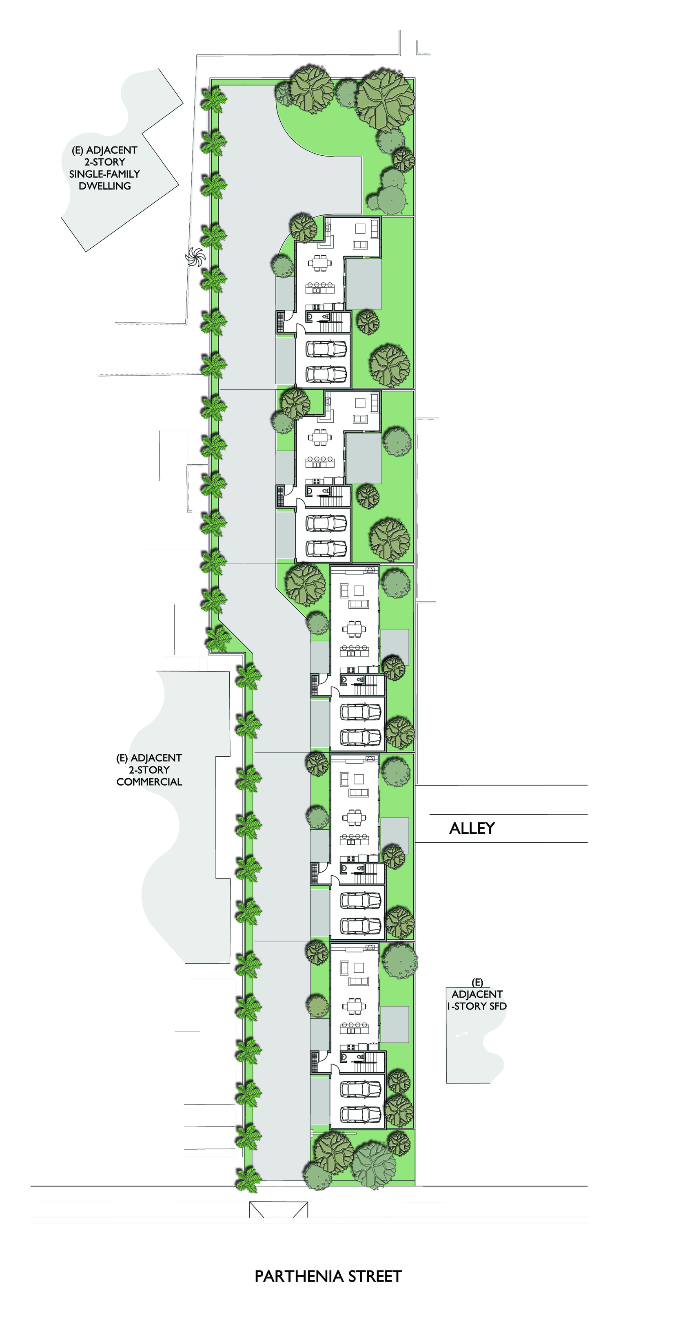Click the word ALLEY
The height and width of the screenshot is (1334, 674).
[x=472, y=828]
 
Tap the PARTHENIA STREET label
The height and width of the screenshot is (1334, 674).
[x=328, y=1277]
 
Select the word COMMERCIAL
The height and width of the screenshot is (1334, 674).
[x=149, y=782]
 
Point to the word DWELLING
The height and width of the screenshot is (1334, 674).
[x=104, y=186]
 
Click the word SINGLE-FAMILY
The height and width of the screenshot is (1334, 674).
[x=104, y=174]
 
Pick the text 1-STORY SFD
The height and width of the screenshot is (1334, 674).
[x=477, y=1006]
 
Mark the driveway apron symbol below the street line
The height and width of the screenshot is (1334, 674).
[x=278, y=1210]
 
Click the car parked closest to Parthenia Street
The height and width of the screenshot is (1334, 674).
[x=361, y=1113]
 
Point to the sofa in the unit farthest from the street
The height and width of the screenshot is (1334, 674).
[x=360, y=245]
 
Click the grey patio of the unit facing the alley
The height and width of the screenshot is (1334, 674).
[x=395, y=835]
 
